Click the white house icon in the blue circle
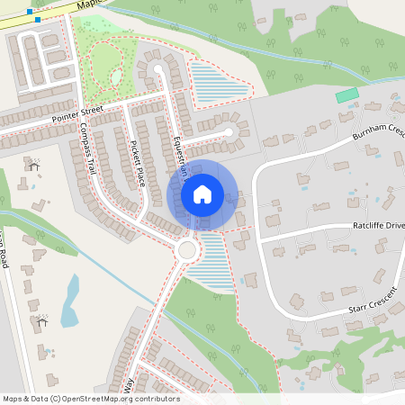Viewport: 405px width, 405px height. pyautogui.click(x=202, y=193)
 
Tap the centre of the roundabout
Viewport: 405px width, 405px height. pyautogui.click(x=188, y=249)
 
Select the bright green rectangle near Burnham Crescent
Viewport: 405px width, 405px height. pyautogui.click(x=346, y=95)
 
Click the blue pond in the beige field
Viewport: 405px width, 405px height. pyautogui.click(x=69, y=301)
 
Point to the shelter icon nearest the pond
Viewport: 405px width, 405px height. pyautogui.click(x=41, y=321)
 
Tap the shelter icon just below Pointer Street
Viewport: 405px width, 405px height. pyautogui.click(x=34, y=165)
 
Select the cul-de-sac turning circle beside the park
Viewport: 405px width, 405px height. pyautogui.click(x=158, y=68)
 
